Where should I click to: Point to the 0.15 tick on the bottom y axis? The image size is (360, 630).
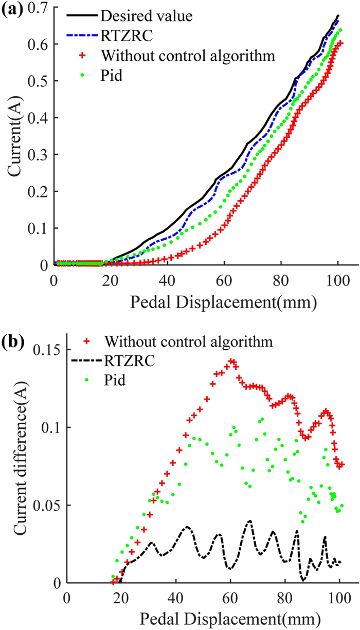45,350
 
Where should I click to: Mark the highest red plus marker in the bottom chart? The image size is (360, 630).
231,361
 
